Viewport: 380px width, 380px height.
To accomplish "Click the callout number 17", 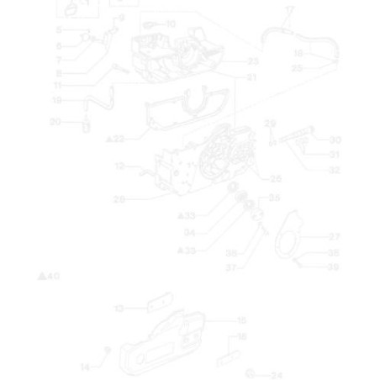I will pos(290,9).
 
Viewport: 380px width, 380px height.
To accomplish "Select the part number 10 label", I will pos(171,24).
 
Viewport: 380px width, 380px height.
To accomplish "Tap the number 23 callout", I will pos(252,61).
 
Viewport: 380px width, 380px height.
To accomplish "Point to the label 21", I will pos(251,77).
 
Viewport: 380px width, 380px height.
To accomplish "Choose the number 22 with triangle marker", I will pos(117,139).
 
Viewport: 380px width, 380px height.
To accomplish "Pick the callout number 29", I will pos(269,123).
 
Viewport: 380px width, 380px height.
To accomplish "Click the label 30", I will pos(335,140).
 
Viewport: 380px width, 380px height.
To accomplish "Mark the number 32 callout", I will pos(334,170).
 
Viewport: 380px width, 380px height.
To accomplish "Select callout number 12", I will pos(120,166).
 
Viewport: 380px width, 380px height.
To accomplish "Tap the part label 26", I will pos(276,178).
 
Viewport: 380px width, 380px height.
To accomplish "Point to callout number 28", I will pos(119,199).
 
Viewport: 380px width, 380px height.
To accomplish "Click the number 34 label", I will pos(190,233).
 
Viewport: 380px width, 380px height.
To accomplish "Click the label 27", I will pos(334,237).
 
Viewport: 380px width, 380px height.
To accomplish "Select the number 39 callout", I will pos(334,267).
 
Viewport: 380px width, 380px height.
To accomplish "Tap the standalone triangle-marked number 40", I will pos(50,276).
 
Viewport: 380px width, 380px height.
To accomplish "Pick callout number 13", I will pos(119,309).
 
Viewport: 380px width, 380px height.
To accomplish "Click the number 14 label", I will pos(84,367).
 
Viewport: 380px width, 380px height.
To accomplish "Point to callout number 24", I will pos(277,375).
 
